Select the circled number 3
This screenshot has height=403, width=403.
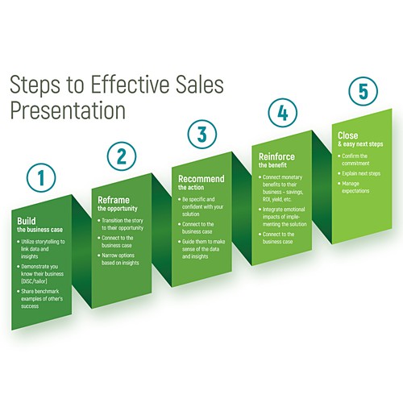(x=201, y=134)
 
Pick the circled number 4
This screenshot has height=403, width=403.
(x=281, y=113)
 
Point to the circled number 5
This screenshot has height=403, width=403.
(x=361, y=92)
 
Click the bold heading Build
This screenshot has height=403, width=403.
(x=25, y=220)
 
